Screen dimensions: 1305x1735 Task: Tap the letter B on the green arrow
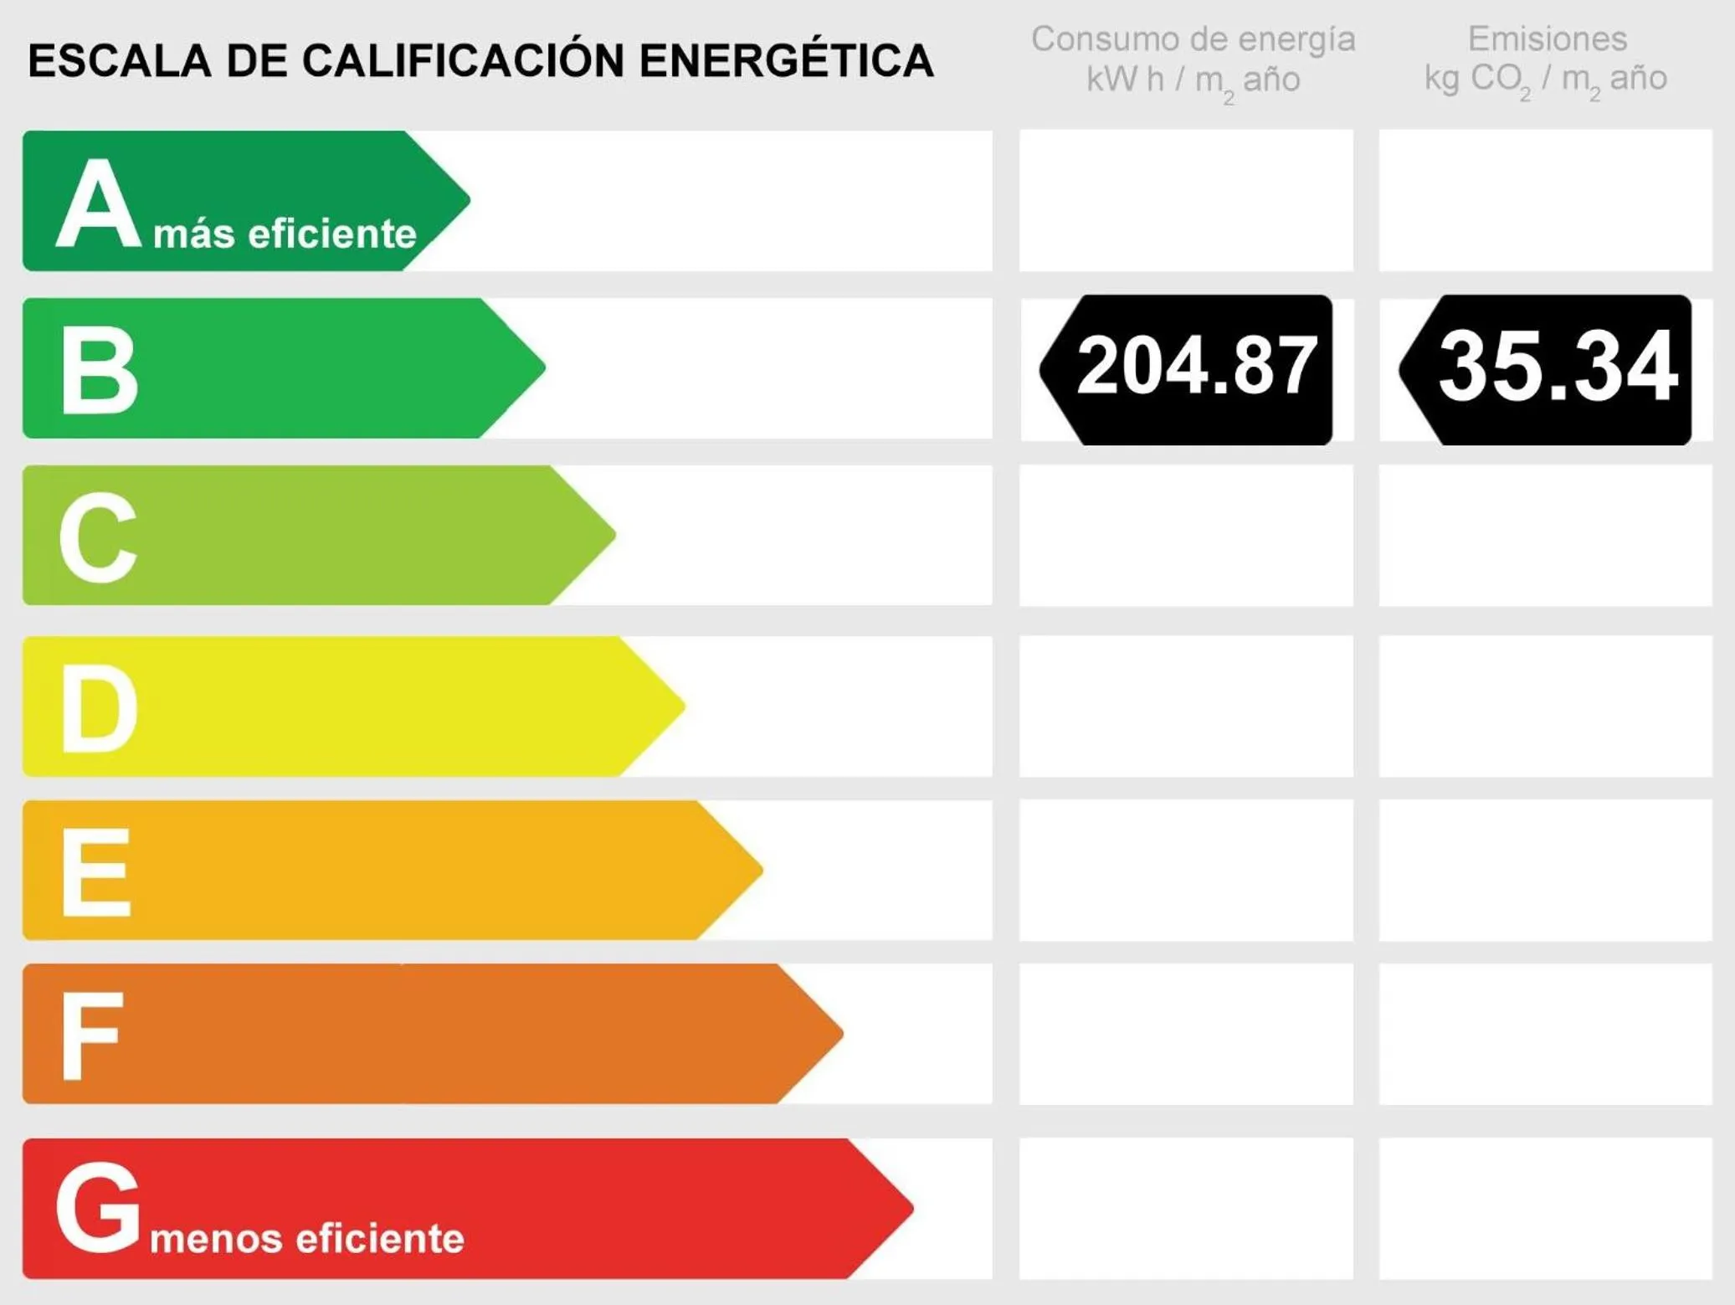99,370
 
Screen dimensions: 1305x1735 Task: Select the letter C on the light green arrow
98,537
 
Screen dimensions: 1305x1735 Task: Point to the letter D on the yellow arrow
99,708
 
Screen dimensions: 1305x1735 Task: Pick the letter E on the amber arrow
96,872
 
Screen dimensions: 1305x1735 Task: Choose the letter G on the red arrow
98,1207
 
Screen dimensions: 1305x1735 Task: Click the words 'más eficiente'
285,234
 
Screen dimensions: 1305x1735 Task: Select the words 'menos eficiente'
306,1239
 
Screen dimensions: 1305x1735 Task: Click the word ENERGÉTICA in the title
786,61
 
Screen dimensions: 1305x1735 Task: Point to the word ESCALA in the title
119,61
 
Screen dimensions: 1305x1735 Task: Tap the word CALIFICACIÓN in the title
463,59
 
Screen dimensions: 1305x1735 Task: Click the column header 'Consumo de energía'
1193,39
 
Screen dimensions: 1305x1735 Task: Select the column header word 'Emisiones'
1547,39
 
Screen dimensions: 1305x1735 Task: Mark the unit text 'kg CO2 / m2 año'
1545,80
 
